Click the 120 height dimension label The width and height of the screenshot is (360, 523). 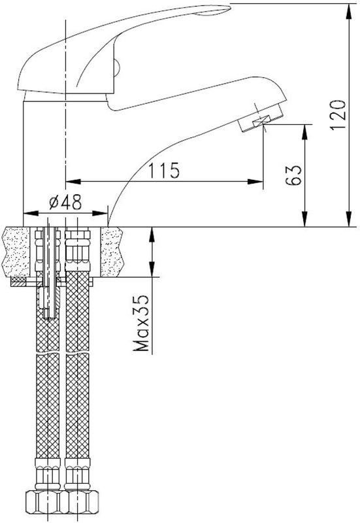(337, 115)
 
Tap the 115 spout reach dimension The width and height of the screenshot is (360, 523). (164, 171)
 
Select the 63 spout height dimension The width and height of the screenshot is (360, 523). (293, 175)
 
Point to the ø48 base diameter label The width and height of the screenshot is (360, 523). (65, 202)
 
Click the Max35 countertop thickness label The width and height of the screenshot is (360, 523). (141, 323)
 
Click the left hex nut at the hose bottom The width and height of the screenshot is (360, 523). (42, 501)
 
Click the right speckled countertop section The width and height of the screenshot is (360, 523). (112, 252)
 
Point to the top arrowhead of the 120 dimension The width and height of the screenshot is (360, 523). (349, 11)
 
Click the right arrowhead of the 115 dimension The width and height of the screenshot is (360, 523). (255, 182)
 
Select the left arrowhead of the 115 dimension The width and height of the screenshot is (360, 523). (73, 182)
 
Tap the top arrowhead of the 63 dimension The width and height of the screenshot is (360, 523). (304, 132)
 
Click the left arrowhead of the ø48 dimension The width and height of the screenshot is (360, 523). (31, 214)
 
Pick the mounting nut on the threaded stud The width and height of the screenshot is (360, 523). (49, 299)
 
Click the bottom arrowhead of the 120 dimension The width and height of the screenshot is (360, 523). (349, 219)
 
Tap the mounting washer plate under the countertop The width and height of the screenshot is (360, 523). (52, 282)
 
